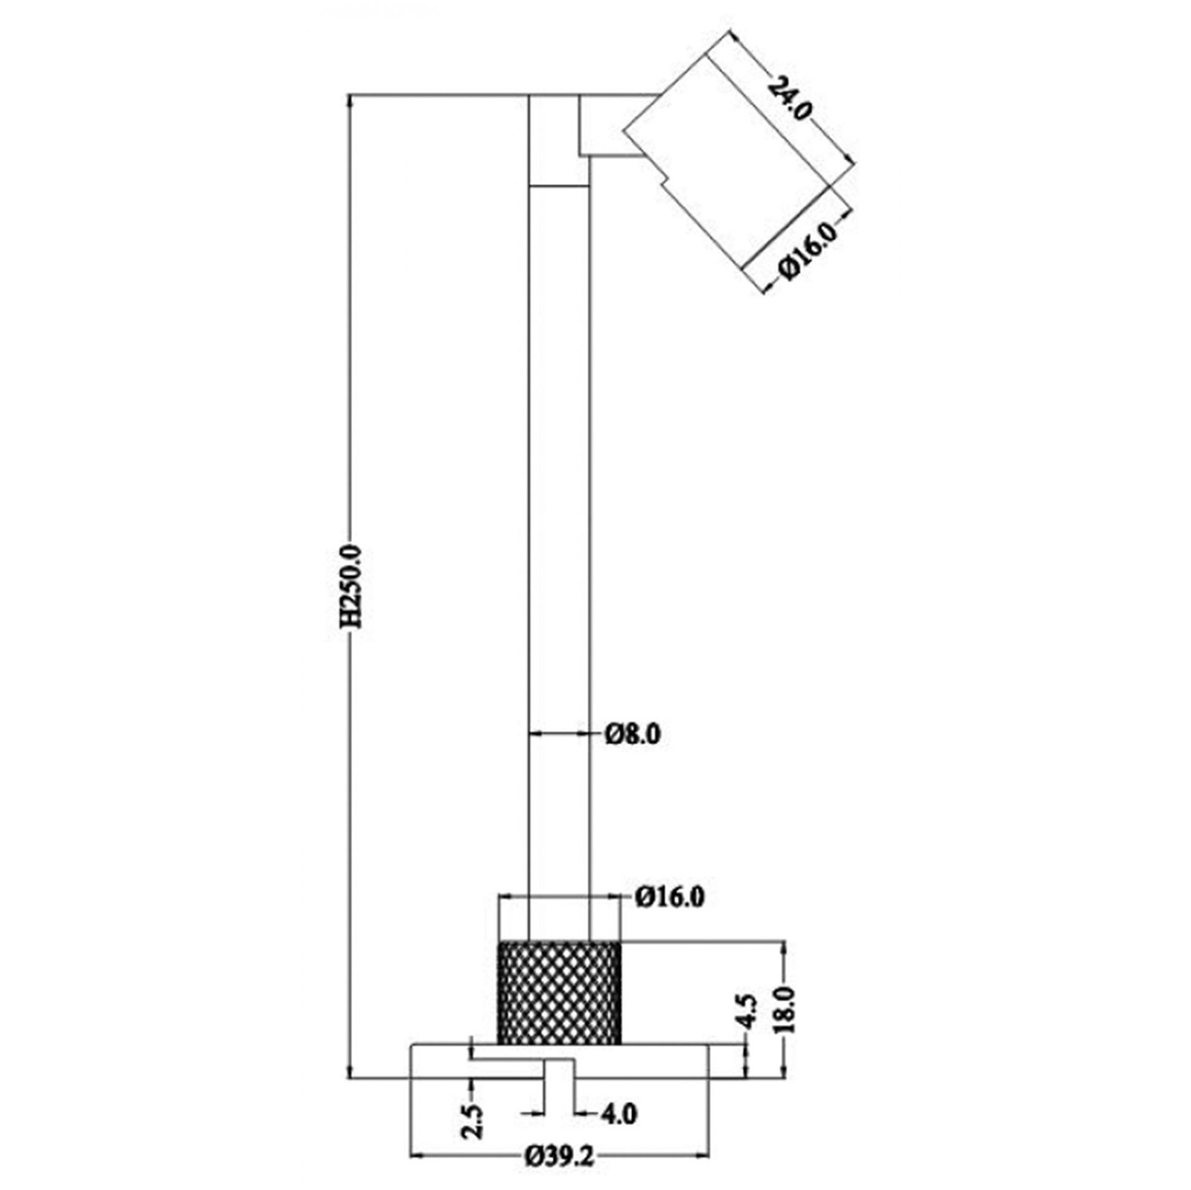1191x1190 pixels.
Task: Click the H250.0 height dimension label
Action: coord(351,586)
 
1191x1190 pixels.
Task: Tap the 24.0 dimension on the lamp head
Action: coord(789,97)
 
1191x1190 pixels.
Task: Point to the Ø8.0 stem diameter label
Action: coord(633,735)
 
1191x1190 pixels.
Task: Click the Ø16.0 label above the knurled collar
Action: coord(670,897)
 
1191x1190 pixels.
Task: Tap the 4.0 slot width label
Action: coord(618,1113)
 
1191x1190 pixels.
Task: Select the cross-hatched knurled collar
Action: coord(559,993)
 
